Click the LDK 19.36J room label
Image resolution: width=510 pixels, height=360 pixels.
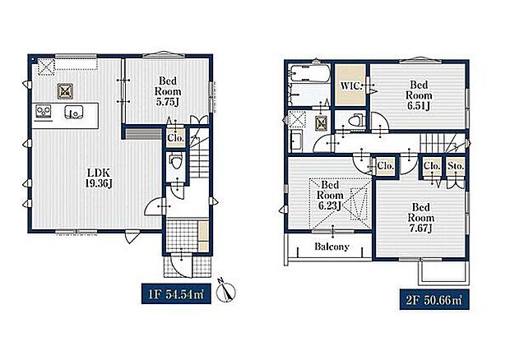[x=99, y=178]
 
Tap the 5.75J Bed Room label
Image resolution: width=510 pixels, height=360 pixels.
[x=168, y=91]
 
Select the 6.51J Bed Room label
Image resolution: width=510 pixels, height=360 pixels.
[x=419, y=95]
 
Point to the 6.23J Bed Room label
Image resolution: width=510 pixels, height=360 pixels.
[x=330, y=196]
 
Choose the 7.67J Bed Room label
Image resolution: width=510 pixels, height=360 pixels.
[x=421, y=218]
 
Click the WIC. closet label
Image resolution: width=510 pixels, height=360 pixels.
[x=350, y=86]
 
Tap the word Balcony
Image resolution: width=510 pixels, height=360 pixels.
[x=331, y=247]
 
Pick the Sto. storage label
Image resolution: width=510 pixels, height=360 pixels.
[x=456, y=166]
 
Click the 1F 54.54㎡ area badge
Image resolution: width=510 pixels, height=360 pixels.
[x=176, y=294]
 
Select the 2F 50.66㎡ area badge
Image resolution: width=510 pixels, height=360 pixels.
[x=434, y=299]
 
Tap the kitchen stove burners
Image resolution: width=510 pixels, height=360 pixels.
[x=44, y=111]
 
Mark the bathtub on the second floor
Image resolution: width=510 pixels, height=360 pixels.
[x=309, y=75]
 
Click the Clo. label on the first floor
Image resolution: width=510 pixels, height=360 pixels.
[x=176, y=138]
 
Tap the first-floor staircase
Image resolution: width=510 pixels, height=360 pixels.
[x=199, y=153]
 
